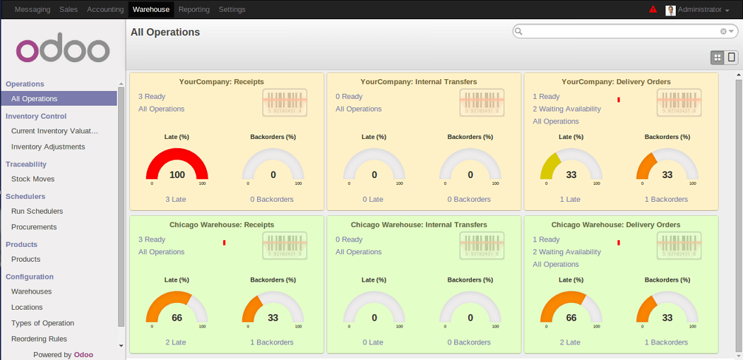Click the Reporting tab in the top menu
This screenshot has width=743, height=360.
point(194,10)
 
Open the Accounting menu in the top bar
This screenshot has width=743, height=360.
point(105,10)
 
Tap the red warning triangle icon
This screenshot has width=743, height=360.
point(653,10)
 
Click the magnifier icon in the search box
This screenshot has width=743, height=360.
point(518,32)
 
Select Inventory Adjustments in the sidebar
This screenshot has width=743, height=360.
point(48,147)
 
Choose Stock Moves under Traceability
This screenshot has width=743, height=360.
point(32,179)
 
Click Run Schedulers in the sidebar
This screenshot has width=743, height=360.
point(37,211)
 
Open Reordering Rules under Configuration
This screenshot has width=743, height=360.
point(39,339)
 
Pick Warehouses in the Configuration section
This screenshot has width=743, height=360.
point(31,292)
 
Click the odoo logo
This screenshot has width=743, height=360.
point(63,49)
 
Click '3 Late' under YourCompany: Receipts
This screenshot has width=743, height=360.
point(175,199)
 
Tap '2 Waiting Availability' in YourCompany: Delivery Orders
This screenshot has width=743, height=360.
point(566,109)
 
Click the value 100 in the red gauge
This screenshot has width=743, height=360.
point(177,175)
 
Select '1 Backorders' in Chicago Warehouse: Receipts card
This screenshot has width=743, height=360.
point(272,342)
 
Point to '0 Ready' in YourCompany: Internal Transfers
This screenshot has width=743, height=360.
point(349,97)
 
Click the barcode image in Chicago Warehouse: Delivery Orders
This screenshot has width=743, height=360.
point(679,245)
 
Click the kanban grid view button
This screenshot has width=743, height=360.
point(717,57)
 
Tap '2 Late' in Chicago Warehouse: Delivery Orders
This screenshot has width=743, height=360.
point(570,342)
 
